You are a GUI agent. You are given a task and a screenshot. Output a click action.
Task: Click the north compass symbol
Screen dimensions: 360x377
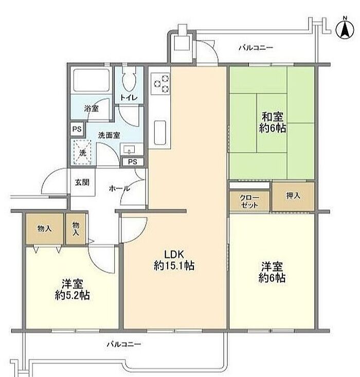coord(345,29)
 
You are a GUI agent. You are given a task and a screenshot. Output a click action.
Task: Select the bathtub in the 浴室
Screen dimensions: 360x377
coord(91,80)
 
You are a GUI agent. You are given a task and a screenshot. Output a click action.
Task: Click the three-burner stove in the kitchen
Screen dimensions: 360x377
coord(160,83)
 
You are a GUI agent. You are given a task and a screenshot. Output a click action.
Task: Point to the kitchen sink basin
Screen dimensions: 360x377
coord(160,133)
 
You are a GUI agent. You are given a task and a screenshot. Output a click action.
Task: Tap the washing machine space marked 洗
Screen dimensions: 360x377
coord(82,152)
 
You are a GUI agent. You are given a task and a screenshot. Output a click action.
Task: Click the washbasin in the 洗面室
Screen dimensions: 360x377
coord(131,149)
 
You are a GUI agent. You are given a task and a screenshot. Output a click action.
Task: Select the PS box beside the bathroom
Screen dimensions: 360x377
coord(77,130)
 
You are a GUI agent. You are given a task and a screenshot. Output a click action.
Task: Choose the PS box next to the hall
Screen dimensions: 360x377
coord(133,162)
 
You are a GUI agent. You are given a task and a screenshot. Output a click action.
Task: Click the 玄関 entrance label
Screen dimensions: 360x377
coord(82,182)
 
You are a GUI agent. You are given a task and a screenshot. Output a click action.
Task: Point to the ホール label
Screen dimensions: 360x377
coord(119,188)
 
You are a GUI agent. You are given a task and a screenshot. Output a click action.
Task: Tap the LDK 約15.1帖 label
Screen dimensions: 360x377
coord(174,260)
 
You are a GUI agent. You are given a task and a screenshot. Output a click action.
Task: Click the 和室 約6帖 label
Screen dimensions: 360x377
coord(273,122)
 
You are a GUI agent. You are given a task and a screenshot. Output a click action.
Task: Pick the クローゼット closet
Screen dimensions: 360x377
coord(249,201)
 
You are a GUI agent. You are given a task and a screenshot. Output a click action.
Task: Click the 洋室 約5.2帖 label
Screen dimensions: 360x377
coord(73,290)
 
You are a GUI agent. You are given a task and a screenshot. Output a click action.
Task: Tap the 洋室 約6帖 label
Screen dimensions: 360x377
coord(272,272)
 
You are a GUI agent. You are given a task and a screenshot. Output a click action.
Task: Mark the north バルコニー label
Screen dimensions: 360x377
coord(256,48)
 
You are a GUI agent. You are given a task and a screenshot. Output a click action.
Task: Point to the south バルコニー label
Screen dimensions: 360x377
coord(124,344)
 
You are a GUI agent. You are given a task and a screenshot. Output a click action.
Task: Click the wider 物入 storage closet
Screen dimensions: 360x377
coord(45,229)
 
